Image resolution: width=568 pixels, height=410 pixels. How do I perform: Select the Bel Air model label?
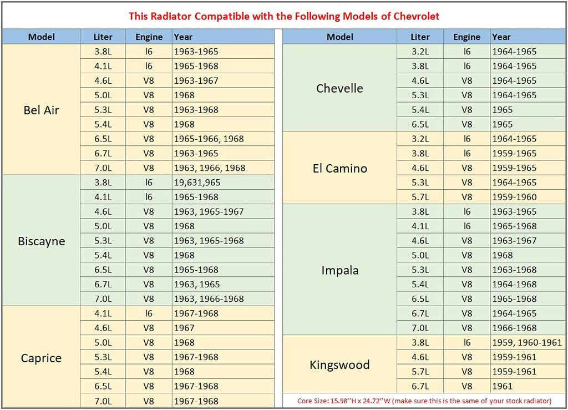click(41, 110)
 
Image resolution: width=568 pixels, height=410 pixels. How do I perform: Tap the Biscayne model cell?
click(41, 241)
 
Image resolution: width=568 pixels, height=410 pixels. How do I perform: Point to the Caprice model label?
click(41, 358)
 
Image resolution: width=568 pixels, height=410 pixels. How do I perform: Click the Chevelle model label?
click(339, 88)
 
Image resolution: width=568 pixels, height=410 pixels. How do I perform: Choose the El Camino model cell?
click(340, 168)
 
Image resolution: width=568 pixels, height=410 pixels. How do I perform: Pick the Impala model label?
click(340, 270)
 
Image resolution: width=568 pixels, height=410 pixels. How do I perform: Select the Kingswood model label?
click(340, 365)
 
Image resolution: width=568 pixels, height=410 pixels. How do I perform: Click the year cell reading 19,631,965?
click(197, 183)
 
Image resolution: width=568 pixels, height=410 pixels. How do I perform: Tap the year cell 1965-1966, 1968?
click(209, 139)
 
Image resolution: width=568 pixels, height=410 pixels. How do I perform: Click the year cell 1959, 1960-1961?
click(527, 342)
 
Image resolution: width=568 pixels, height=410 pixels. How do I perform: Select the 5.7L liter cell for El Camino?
click(420, 197)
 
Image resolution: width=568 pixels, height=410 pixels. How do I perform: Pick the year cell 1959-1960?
click(514, 197)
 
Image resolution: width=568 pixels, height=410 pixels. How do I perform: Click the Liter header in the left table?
click(103, 37)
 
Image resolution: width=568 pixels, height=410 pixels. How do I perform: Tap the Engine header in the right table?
click(467, 37)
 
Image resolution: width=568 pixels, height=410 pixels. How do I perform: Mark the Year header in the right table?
click(501, 37)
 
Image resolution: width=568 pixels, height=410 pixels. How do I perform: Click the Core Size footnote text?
click(424, 401)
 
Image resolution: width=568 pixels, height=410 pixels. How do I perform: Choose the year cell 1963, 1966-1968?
click(209, 299)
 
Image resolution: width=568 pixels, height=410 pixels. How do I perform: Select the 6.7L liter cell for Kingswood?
click(420, 386)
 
